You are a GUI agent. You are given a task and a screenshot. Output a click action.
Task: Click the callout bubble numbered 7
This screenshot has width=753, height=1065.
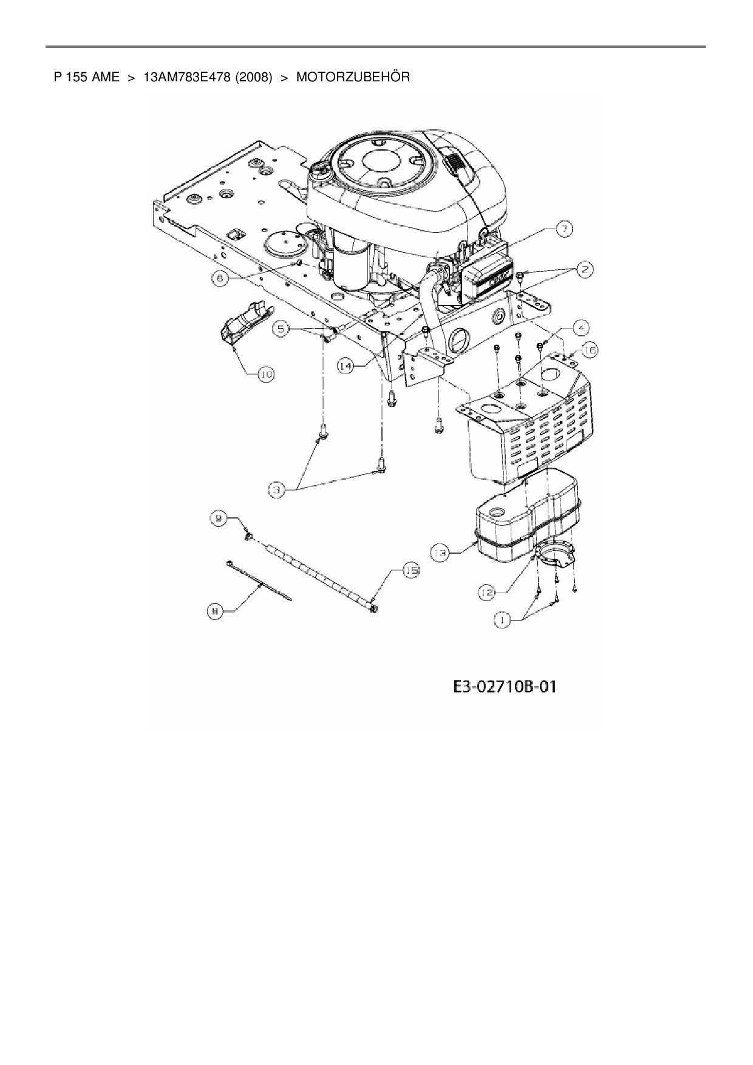click(x=564, y=229)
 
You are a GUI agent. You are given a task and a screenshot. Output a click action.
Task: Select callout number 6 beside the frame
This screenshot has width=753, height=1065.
click(x=220, y=277)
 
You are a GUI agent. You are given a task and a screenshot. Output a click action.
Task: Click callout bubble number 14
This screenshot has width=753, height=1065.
click(x=346, y=367)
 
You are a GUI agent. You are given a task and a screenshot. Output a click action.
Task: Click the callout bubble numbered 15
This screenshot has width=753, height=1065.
click(x=411, y=571)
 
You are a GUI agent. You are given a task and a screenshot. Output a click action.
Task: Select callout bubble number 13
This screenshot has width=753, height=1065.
click(x=440, y=553)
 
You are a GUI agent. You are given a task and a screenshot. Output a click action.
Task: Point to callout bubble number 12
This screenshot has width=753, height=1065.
click(x=486, y=593)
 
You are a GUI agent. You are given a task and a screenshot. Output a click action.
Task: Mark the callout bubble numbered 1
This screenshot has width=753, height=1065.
click(x=502, y=621)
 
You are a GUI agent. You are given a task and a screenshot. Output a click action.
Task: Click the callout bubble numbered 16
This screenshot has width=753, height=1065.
click(x=590, y=350)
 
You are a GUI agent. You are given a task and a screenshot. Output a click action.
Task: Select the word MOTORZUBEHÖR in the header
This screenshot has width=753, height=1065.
click(x=353, y=77)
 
